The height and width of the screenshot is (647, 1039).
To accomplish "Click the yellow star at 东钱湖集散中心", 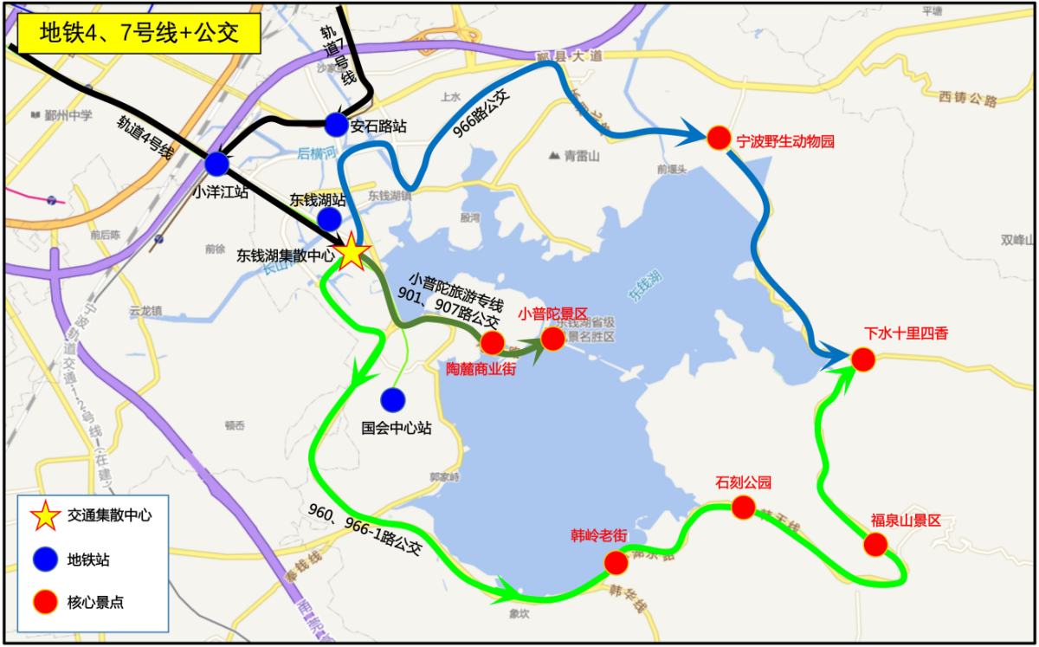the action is (x=352, y=253).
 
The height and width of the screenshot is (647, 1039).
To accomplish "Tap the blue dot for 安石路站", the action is (x=336, y=125).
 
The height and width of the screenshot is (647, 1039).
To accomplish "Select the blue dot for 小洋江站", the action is (x=216, y=164).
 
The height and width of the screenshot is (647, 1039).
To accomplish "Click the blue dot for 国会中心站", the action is (x=393, y=399).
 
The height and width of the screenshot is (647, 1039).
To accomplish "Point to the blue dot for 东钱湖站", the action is (x=329, y=218).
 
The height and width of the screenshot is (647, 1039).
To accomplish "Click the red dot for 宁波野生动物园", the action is (x=719, y=138).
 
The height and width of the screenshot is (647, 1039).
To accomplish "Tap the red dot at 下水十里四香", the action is (x=862, y=359).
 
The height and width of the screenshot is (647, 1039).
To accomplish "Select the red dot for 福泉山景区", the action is (x=875, y=545).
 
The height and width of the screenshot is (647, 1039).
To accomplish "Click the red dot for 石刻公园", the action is (x=743, y=508).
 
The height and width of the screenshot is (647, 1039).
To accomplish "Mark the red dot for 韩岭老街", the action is (x=616, y=563).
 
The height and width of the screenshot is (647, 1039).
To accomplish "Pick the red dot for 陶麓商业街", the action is (x=492, y=344).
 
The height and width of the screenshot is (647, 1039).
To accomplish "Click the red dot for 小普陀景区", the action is (x=552, y=339).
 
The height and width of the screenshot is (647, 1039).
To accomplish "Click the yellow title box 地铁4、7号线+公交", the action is (x=139, y=34).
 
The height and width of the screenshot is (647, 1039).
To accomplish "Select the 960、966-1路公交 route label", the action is (x=365, y=527).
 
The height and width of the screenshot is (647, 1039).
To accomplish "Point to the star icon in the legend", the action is (x=45, y=515).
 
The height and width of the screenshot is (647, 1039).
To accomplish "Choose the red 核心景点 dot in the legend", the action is (x=45, y=602).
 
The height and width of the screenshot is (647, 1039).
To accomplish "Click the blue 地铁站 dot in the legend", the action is (x=45, y=560).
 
